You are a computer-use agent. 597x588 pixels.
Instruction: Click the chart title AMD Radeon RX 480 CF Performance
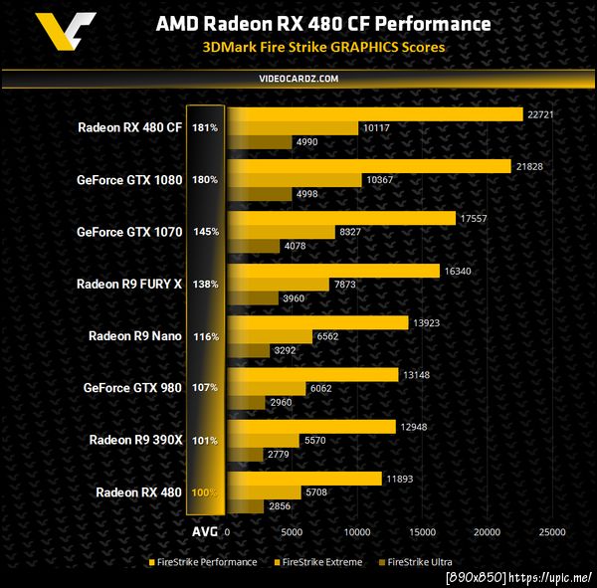322,23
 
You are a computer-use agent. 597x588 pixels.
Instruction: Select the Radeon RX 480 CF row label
129,127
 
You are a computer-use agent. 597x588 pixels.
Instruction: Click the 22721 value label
538,114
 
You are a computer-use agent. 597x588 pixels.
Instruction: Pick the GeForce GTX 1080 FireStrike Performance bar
369,166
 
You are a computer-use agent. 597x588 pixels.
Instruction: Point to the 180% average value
206,180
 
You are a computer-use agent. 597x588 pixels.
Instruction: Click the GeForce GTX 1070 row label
129,232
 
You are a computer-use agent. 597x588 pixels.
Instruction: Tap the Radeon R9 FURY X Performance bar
333,270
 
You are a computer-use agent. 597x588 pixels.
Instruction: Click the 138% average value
206,285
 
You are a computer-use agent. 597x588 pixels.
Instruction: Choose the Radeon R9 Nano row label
135,336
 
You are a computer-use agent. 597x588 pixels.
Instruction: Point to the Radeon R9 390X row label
135,440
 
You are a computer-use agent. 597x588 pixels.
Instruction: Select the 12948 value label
411,427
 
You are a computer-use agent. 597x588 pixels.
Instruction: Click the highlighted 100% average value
206,492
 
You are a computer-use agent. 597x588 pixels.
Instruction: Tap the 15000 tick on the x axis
422,532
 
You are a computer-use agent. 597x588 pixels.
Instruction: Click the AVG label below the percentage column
206,531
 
